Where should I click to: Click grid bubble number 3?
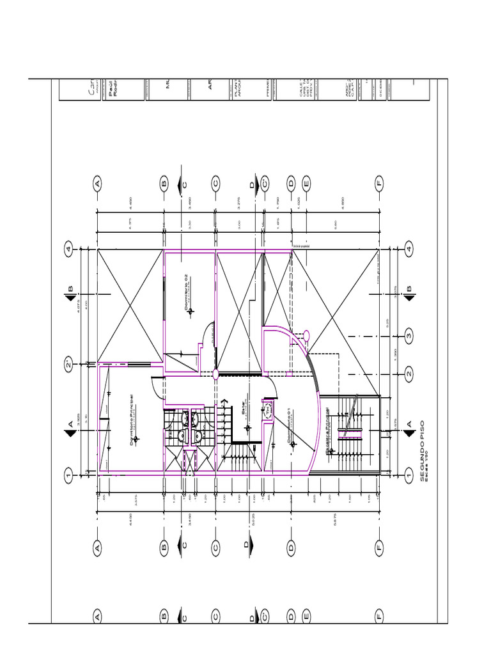(x=409, y=335)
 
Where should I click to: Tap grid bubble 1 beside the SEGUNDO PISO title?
(x=409, y=475)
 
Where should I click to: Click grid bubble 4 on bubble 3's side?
(x=409, y=248)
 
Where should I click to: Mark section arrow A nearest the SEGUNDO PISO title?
(x=409, y=425)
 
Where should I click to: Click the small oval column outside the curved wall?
(x=306, y=334)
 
